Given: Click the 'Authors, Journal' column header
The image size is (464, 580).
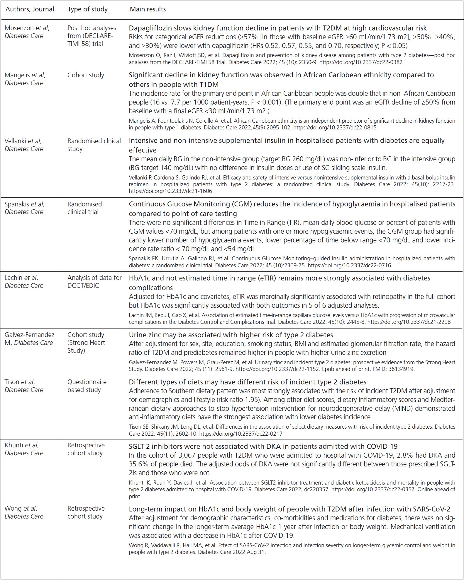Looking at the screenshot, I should pyautogui.click(x=30, y=9).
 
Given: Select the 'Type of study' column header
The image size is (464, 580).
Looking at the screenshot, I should pyautogui.click(x=87, y=9).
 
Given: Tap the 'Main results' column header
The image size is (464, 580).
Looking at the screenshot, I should pyautogui.click(x=148, y=9).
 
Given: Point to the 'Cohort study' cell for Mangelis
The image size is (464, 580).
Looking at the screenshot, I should pyautogui.click(x=86, y=75).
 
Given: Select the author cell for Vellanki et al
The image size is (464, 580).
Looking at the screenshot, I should pyautogui.click(x=23, y=145).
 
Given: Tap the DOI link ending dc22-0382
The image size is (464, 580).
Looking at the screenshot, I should pyautogui.click(x=361, y=62).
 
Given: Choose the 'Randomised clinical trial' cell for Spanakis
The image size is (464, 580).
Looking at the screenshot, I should pyautogui.click(x=84, y=208).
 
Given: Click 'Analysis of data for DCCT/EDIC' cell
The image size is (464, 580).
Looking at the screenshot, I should pyautogui.click(x=94, y=282).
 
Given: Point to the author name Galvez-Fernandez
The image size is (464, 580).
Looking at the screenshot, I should pyautogui.click(x=29, y=335).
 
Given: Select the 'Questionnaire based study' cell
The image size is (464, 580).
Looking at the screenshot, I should pyautogui.click(x=87, y=386).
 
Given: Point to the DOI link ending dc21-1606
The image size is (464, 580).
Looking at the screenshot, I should pyautogui.click(x=170, y=191).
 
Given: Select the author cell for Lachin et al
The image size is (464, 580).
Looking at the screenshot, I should pyautogui.click(x=24, y=282).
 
